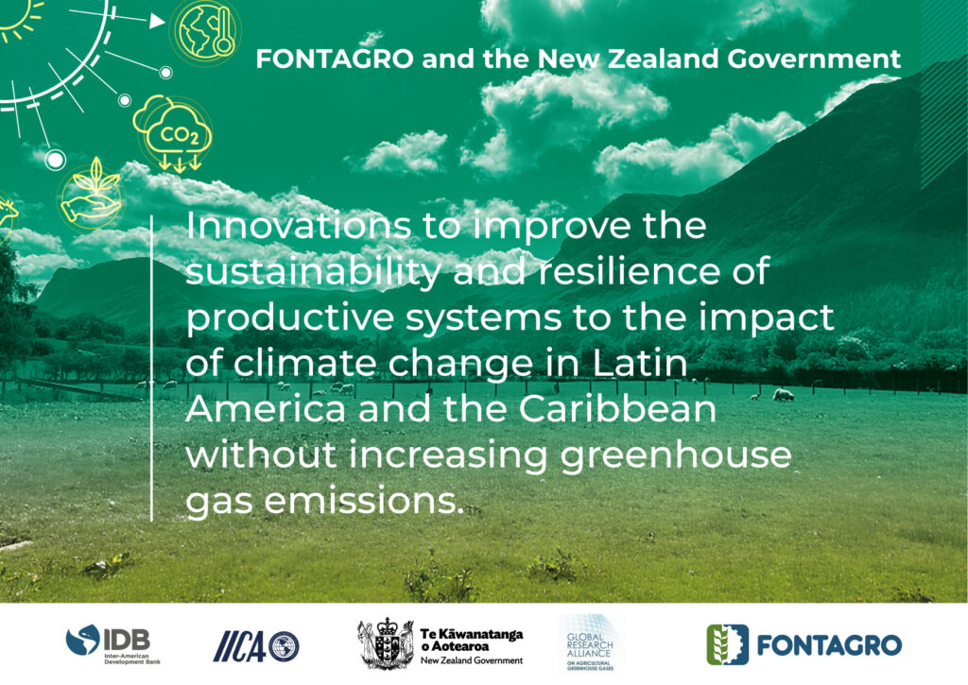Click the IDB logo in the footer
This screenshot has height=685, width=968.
point(113,644)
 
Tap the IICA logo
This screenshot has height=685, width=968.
point(256,646)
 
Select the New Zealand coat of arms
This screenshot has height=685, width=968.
point(386,643)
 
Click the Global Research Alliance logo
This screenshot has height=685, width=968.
point(590,643)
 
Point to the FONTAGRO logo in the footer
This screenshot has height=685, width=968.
point(804,645)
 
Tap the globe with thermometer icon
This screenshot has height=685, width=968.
point(205,31)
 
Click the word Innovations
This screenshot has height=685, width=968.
point(298,225)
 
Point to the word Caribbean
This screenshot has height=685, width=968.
point(617,408)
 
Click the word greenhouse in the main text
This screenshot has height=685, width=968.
point(676,455)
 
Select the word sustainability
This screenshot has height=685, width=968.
point(314,271)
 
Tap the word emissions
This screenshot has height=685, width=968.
point(364,501)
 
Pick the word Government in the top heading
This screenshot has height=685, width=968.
point(814,59)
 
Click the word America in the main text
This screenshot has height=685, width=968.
point(266,408)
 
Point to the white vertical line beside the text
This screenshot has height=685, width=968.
point(151,368)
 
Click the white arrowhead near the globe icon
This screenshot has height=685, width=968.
point(158,21)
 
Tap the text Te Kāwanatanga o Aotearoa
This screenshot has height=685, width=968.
point(472,640)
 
